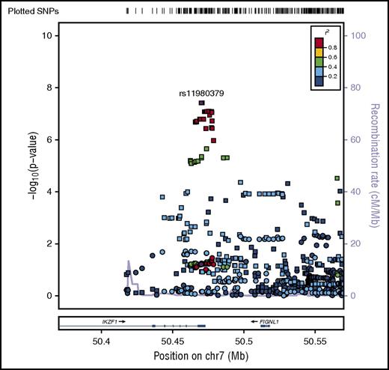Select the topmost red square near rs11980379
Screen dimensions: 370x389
click(x=202, y=103)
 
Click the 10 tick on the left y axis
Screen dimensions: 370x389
click(x=46, y=36)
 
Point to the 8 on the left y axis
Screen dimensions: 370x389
click(x=49, y=88)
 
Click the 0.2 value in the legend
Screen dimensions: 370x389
click(x=334, y=76)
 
